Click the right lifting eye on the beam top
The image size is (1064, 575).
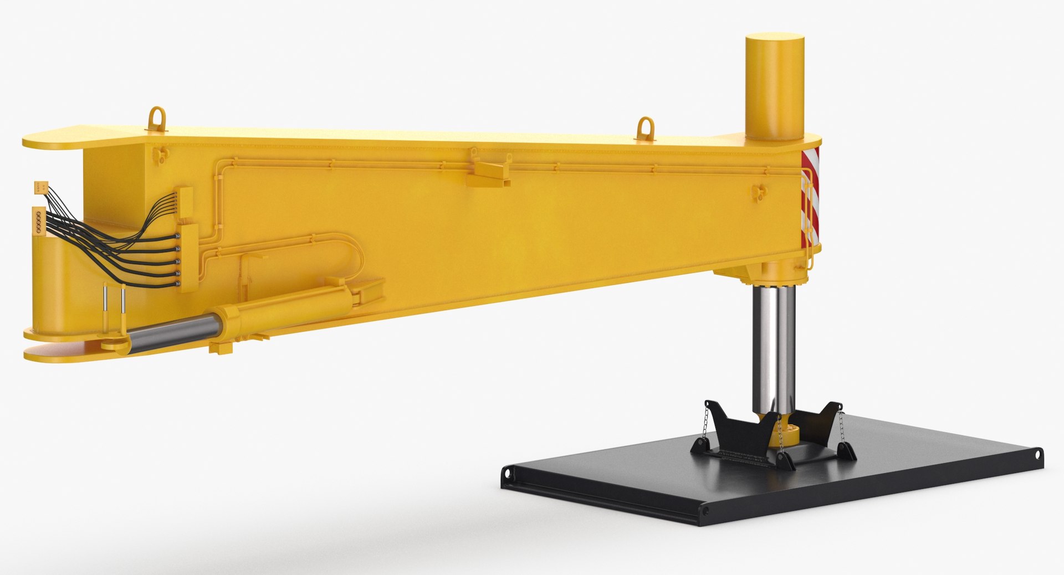pos(645,126)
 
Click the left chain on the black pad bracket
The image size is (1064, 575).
pos(703,427)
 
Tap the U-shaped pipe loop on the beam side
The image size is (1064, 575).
pos(355,260)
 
